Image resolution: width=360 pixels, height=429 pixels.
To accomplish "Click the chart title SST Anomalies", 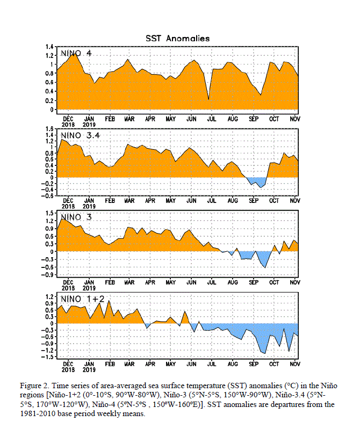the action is (x=177, y=38).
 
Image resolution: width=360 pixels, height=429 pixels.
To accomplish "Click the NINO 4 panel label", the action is (x=76, y=53).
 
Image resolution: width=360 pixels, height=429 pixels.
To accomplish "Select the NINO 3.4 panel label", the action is (x=80, y=135).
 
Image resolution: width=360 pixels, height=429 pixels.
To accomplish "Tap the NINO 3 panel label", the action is (x=76, y=217).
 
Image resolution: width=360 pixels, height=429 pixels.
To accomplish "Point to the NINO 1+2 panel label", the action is (x=82, y=299).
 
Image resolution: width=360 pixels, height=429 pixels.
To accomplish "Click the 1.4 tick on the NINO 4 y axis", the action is (x=49, y=47).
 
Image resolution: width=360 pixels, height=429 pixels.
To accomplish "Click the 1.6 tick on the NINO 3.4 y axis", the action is (x=49, y=129).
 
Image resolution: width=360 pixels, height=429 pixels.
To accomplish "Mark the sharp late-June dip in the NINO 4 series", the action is (x=208, y=99).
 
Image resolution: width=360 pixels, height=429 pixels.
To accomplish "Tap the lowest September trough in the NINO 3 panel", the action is (x=265, y=267).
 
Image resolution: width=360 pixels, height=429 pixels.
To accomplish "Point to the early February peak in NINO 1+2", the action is (x=109, y=301).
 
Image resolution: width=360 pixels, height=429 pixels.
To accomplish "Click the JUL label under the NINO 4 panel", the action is (x=212, y=119).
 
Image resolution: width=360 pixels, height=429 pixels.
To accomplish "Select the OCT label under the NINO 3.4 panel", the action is (x=274, y=201).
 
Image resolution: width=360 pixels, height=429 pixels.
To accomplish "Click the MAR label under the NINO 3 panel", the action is (x=129, y=282).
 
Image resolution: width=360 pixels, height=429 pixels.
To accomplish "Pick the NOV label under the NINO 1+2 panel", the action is (x=295, y=364).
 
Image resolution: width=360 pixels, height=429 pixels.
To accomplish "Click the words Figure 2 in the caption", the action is (x=34, y=386).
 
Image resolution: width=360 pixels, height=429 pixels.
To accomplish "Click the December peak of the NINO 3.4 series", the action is (x=62, y=140).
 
